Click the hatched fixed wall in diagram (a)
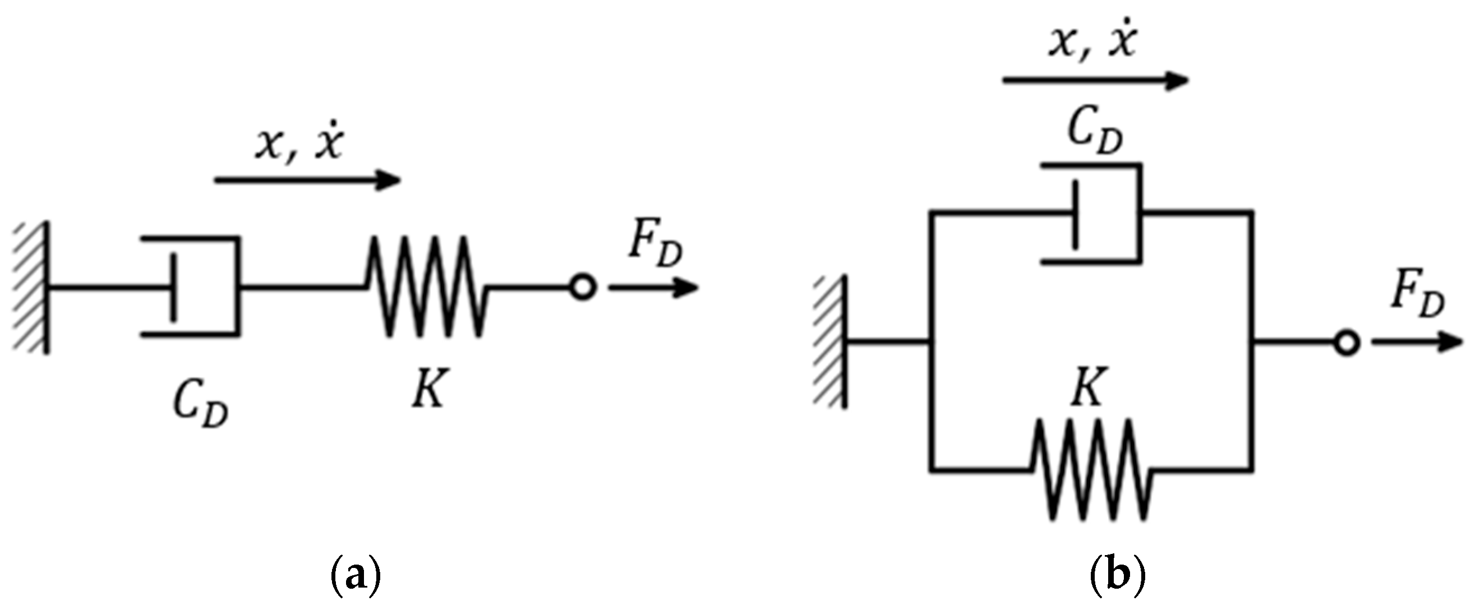coord(31,287)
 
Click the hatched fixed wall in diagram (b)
coord(831,343)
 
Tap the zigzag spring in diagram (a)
coord(426,285)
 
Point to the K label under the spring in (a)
coord(428,389)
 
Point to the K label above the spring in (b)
coord(1088,386)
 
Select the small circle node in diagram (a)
coord(583,287)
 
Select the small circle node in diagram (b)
coord(1347,343)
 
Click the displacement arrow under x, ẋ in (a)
coord(307,181)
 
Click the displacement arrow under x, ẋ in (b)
coord(1095,81)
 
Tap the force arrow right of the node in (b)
coord(1417,343)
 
